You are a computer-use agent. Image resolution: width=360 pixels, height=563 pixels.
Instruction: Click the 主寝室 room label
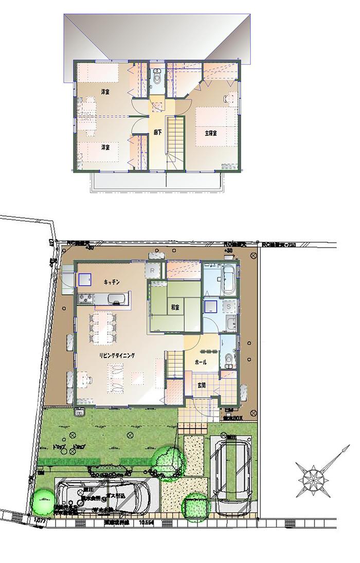tap(210, 133)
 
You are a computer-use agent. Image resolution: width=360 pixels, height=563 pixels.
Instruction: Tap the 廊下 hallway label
tap(158, 132)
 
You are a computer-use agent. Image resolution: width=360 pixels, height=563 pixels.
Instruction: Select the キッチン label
tap(112, 282)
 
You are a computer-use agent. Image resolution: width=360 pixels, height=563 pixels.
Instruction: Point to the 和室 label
tap(175, 307)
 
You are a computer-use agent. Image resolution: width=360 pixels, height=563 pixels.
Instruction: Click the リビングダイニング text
tap(117, 355)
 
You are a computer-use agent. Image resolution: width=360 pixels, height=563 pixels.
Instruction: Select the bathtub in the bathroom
tap(229, 280)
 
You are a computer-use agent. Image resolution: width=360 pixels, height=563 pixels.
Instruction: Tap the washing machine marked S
tap(229, 306)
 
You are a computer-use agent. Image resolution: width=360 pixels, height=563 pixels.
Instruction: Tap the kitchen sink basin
tap(115, 298)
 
